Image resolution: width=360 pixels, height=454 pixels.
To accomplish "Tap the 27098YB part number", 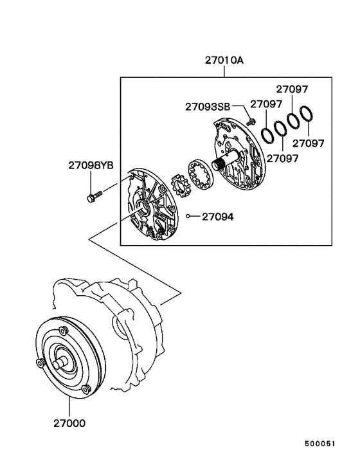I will (91, 165).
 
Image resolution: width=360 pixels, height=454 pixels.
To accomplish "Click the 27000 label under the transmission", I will (68, 424).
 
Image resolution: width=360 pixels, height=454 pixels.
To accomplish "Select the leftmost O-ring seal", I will (267, 136).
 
